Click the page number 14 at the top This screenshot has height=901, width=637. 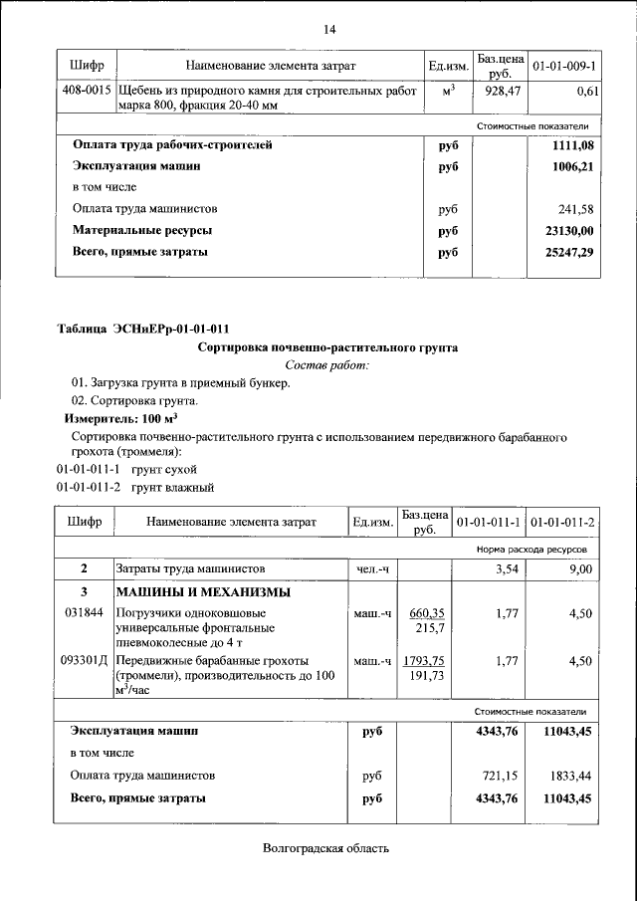pos(328,29)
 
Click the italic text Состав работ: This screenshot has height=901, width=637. pos(327,366)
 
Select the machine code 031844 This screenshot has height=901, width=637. pos(84,612)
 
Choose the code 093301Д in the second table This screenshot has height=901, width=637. pos(85,660)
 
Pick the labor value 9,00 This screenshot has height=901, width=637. pos(580,568)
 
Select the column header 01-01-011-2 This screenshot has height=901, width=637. pos(562,522)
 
